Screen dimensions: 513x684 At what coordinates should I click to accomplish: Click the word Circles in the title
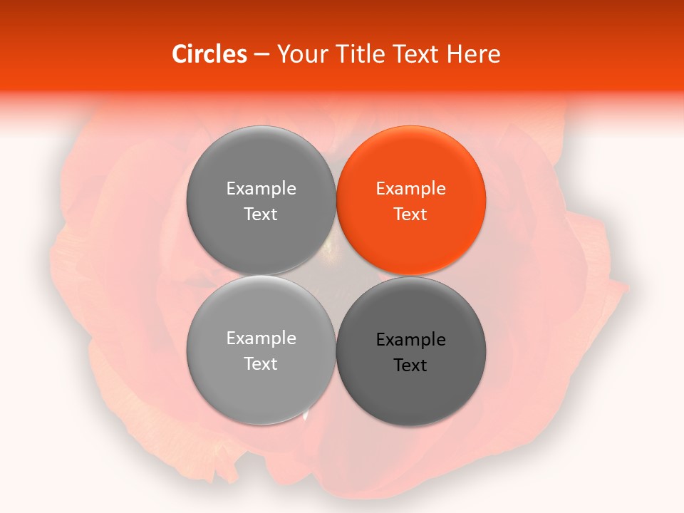pos(209,54)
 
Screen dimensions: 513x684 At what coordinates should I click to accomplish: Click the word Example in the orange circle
pos(410,189)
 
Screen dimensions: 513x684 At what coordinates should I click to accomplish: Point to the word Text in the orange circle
pos(410,214)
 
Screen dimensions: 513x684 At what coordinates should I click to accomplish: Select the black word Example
pos(410,340)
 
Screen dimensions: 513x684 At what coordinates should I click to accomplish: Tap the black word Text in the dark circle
pos(410,366)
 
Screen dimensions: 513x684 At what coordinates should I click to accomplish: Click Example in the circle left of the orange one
pos(261,189)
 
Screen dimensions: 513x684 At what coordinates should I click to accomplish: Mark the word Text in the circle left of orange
pos(261,214)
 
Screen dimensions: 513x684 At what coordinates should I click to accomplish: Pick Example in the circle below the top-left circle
pos(261,338)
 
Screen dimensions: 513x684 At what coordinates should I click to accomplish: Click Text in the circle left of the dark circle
pos(261,364)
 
